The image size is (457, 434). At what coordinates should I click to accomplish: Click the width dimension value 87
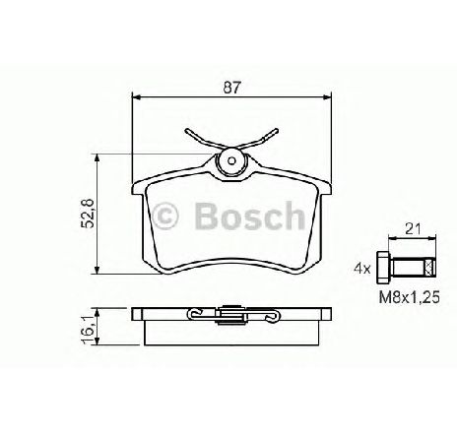[230, 88]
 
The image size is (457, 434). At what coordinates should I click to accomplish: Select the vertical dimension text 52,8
[86, 213]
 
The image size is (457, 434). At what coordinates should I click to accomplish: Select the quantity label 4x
[361, 267]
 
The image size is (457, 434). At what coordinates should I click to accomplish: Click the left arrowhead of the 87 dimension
[137, 97]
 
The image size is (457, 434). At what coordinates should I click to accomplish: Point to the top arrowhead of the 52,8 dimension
[97, 157]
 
